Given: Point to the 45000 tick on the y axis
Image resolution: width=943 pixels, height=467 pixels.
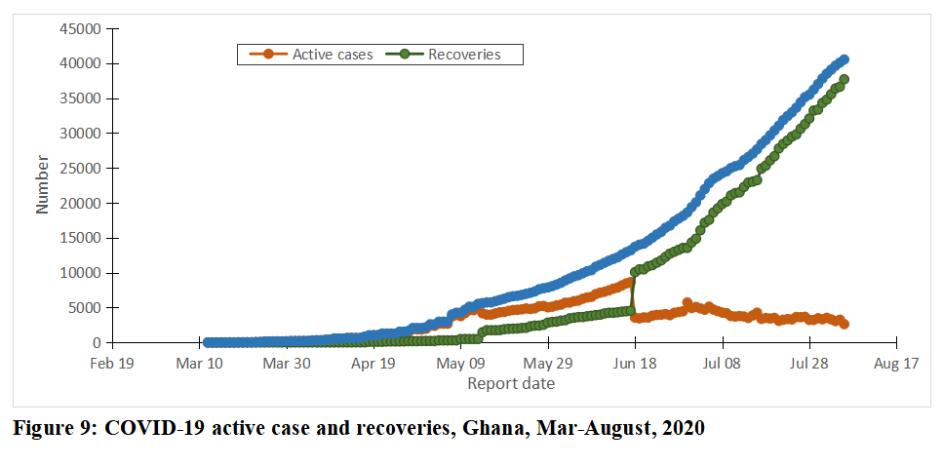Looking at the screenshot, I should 83,28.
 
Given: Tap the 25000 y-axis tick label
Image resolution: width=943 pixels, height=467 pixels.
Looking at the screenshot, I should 83,169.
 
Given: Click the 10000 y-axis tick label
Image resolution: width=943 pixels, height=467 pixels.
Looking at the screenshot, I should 83,273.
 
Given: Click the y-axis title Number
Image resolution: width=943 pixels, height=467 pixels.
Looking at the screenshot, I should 43,183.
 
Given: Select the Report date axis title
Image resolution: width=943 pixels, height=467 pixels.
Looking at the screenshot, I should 511,384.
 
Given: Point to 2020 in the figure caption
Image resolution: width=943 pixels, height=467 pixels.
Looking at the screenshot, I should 682,428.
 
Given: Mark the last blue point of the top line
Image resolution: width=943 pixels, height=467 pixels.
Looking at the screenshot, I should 844,59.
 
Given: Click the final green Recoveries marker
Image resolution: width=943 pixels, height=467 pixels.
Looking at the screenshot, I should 845,80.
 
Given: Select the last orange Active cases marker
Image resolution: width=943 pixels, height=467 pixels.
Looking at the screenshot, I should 845,325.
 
